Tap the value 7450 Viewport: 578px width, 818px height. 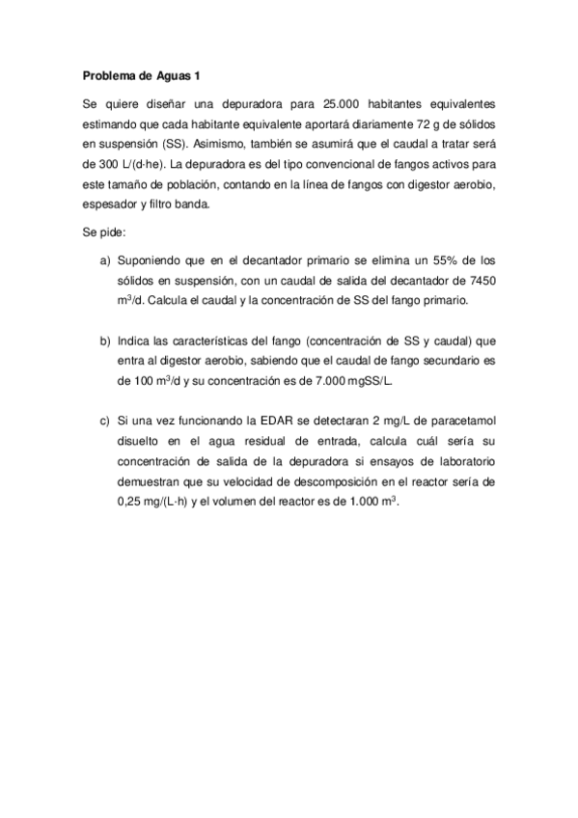pyautogui.click(x=480, y=281)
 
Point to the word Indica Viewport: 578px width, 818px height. pyautogui.click(x=133, y=341)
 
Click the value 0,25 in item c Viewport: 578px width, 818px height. pyautogui.click(x=131, y=503)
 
